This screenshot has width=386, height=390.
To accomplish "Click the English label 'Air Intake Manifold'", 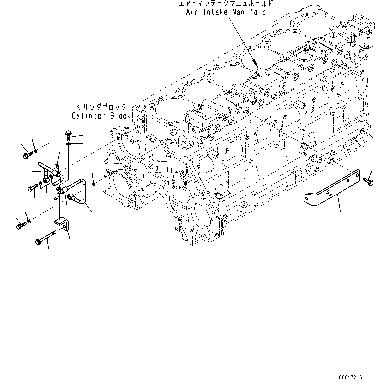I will pyautogui.click(x=225, y=12).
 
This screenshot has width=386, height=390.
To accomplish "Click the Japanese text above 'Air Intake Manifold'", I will pyautogui.click(x=225, y=4).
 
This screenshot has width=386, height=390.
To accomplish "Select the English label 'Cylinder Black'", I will pyautogui.click(x=102, y=116).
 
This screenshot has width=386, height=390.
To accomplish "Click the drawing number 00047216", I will pyautogui.click(x=350, y=377).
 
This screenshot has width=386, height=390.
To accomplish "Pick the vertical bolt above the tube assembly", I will pyautogui.click(x=68, y=134).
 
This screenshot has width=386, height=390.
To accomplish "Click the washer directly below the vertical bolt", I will pyautogui.click(x=68, y=144).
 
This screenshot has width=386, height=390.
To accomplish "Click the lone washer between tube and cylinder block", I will pyautogui.click(x=93, y=183).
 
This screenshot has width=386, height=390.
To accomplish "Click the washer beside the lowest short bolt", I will pyautogui.click(x=29, y=221).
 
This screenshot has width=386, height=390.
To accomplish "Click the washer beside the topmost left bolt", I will pyautogui.click(x=36, y=151).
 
